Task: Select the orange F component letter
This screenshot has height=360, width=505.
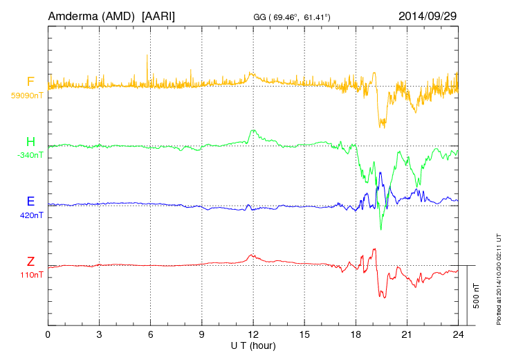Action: point(30,82)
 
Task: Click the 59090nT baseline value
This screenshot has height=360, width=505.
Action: point(27,96)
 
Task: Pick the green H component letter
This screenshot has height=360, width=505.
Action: point(30,142)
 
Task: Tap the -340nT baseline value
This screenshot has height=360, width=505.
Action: point(30,155)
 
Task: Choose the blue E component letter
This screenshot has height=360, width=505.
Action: point(30,201)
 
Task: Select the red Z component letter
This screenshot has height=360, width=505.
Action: point(30,262)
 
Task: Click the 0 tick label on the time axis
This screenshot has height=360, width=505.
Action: point(48,334)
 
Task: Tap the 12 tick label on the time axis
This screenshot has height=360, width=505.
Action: point(253,334)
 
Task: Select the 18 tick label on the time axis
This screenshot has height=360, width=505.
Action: point(356,334)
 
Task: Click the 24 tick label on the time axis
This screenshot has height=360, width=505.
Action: point(458,334)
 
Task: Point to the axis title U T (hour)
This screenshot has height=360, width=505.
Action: point(253,345)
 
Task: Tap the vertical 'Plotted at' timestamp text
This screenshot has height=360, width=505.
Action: point(498,277)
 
